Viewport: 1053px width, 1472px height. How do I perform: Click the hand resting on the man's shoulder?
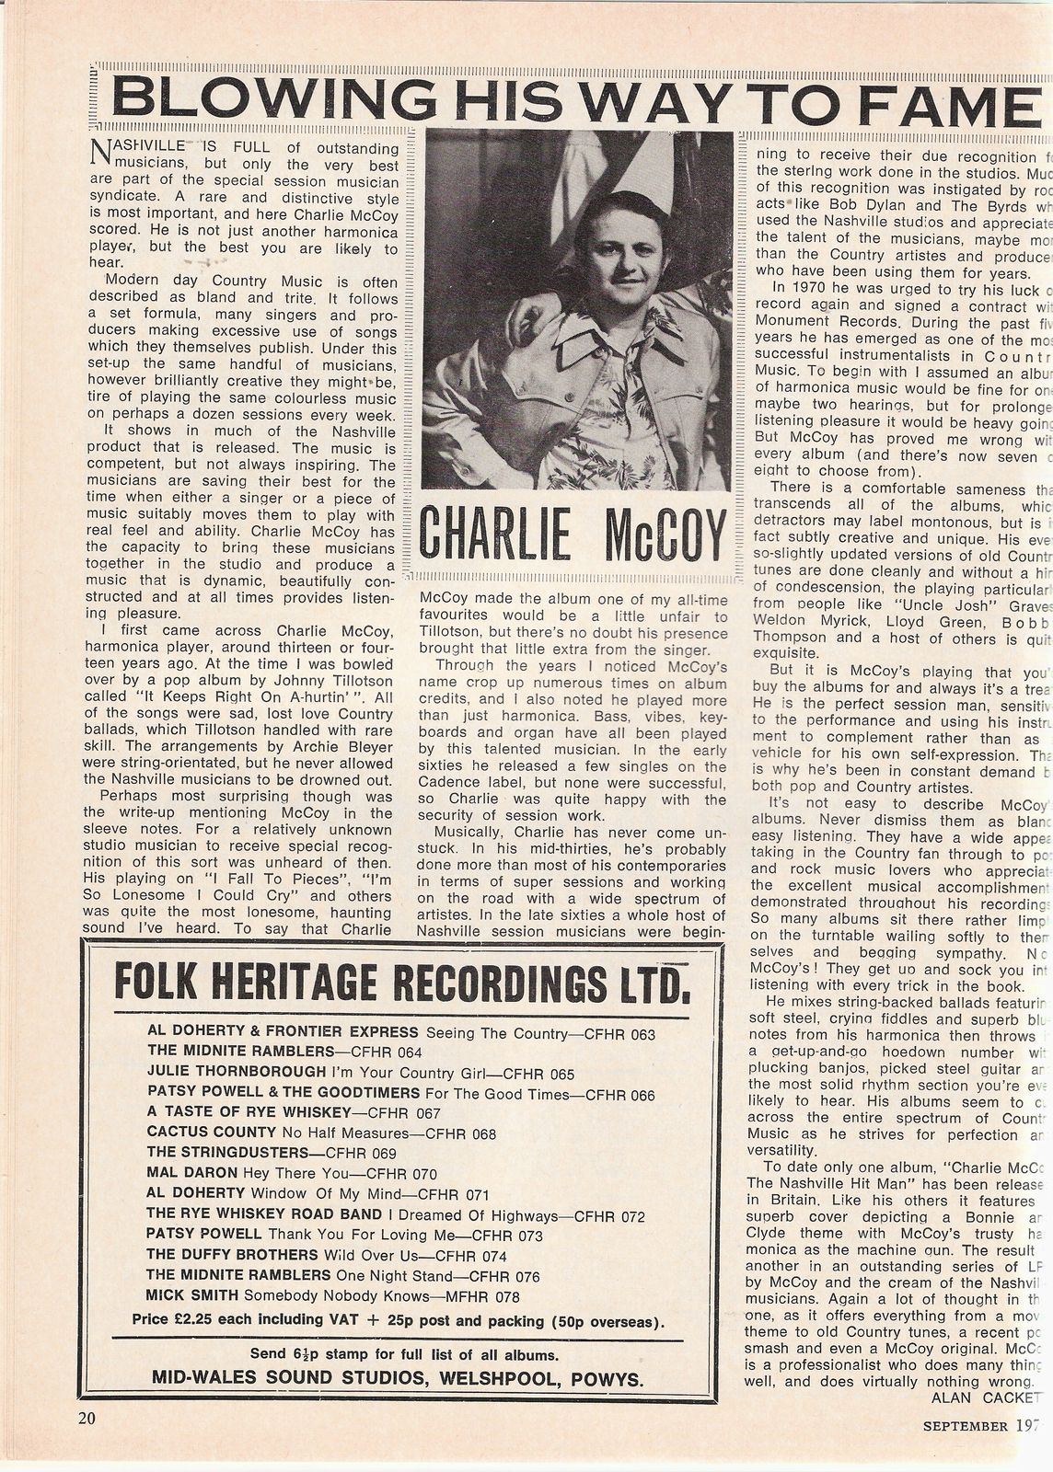[525, 312]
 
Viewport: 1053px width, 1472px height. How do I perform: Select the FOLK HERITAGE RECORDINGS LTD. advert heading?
[401, 982]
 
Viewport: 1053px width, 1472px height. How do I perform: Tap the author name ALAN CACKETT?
[978, 1397]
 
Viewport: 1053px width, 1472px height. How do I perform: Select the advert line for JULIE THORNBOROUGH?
[361, 1073]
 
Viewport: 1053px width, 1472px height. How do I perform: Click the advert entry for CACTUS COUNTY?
[321, 1133]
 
